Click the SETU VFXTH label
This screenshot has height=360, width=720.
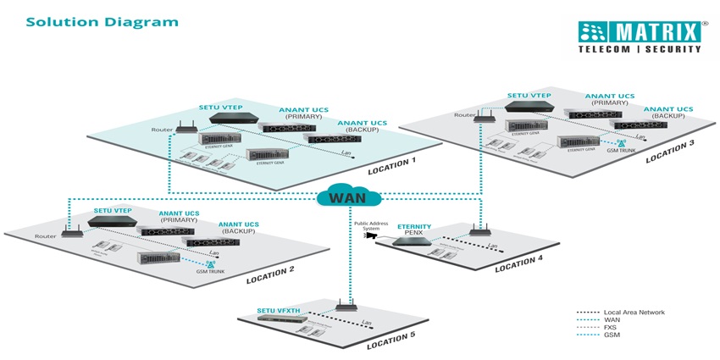coord(280,311)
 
